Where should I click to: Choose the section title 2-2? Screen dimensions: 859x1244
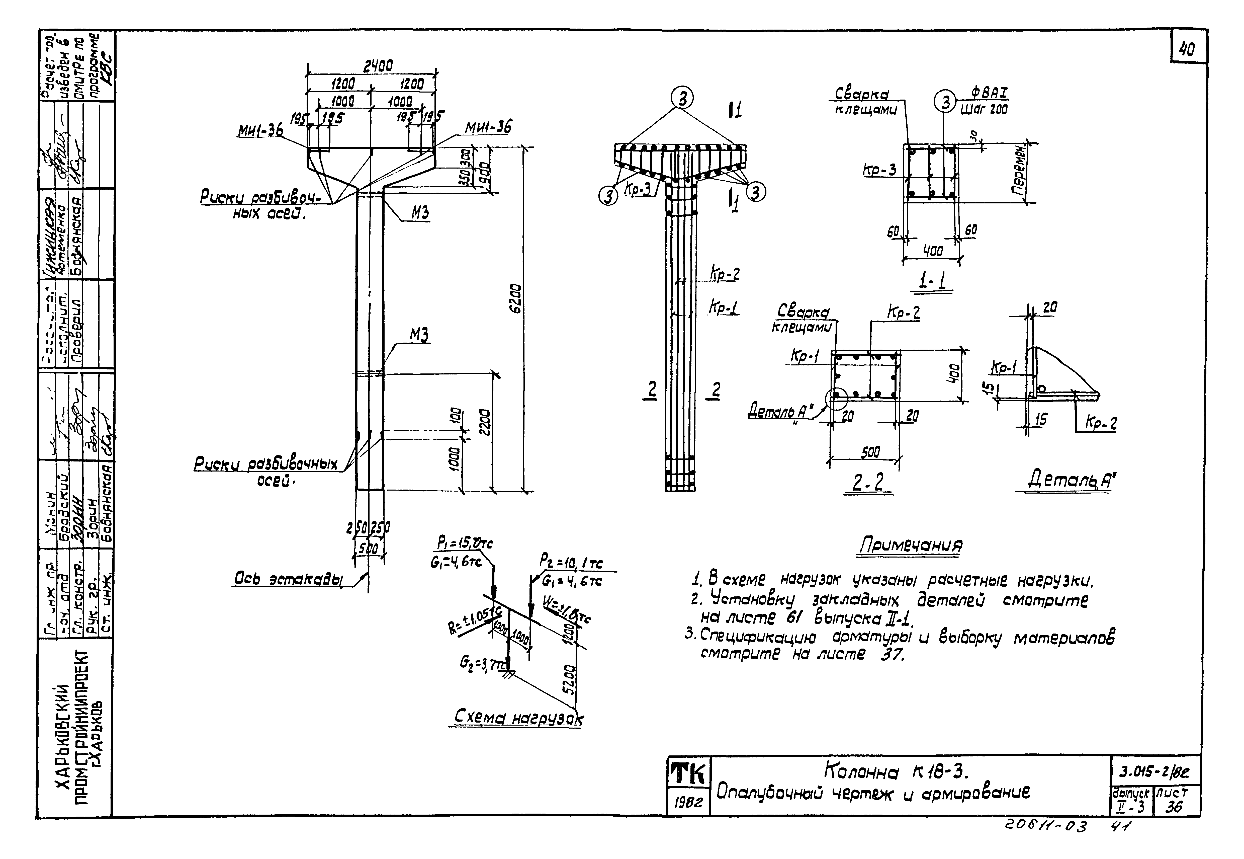click(867, 482)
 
